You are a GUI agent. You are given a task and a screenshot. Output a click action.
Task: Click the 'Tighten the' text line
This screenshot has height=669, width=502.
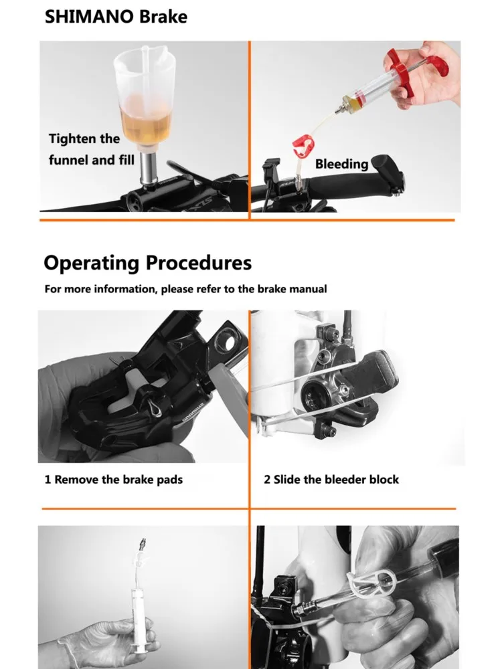click(x=84, y=139)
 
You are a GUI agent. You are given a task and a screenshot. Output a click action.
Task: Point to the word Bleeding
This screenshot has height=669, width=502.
click(x=341, y=164)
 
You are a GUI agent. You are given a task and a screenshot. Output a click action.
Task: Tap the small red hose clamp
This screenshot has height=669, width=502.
click(x=304, y=144)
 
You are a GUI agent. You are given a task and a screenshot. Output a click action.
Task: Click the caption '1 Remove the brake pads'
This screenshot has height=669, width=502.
click(x=114, y=480)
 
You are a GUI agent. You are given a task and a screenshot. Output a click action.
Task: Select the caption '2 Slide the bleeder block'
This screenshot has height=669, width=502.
click(x=331, y=480)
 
